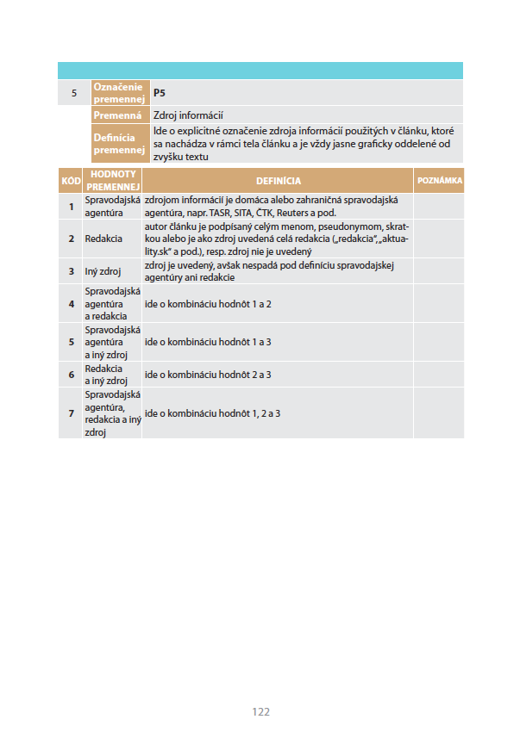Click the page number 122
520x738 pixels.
pos(260,711)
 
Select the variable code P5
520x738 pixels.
pos(159,93)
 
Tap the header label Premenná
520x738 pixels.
pos(117,115)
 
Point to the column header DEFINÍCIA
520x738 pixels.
pos(278,181)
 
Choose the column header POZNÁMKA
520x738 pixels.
pos(439,181)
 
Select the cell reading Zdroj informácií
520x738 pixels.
pos(188,115)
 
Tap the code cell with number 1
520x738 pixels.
pos(71,206)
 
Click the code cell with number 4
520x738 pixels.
pos(71,304)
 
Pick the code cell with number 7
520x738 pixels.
pos(71,413)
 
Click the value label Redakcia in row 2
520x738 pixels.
pos(103,238)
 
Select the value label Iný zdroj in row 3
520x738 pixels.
pos(103,271)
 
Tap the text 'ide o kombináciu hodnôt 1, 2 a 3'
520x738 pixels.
pos(212,413)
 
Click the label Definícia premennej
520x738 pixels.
pos(117,144)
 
